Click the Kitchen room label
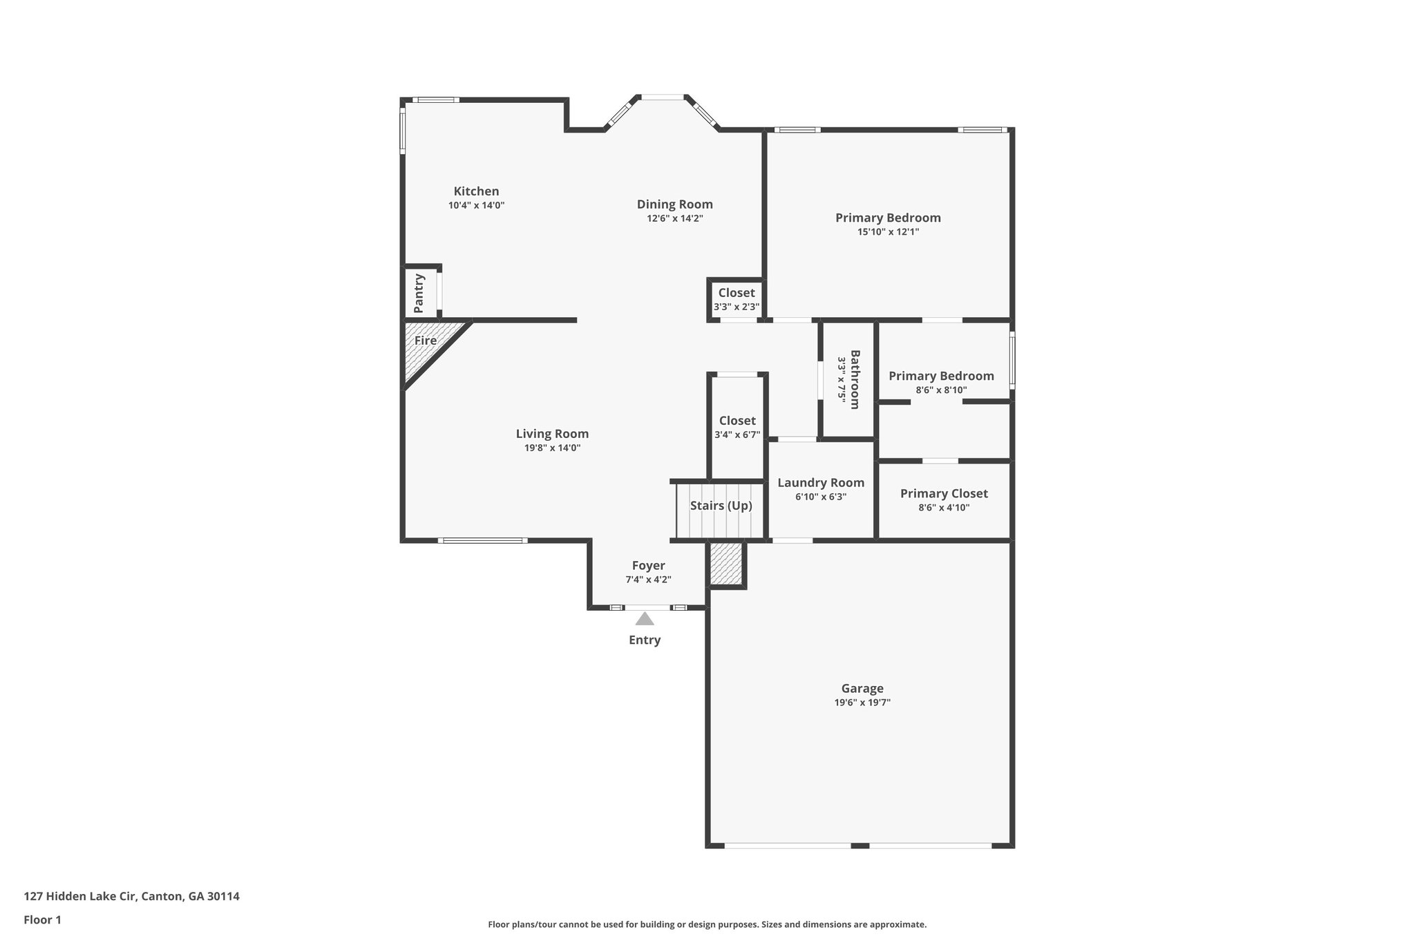tap(476, 191)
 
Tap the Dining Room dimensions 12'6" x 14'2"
tap(675, 218)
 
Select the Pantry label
tap(419, 294)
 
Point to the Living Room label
tap(552, 434)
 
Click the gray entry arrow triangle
tap(645, 618)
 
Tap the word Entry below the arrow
tap(645, 640)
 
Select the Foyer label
tap(648, 566)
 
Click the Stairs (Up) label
tap(721, 506)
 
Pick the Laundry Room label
tap(821, 483)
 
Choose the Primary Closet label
tap(944, 493)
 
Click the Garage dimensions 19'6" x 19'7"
tap(862, 703)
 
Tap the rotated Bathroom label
tap(855, 380)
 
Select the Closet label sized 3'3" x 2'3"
tap(737, 293)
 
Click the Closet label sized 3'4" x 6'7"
tap(737, 421)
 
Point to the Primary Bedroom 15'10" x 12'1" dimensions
tap(889, 232)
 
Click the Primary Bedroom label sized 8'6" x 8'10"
tap(941, 376)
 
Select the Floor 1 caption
tap(43, 920)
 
